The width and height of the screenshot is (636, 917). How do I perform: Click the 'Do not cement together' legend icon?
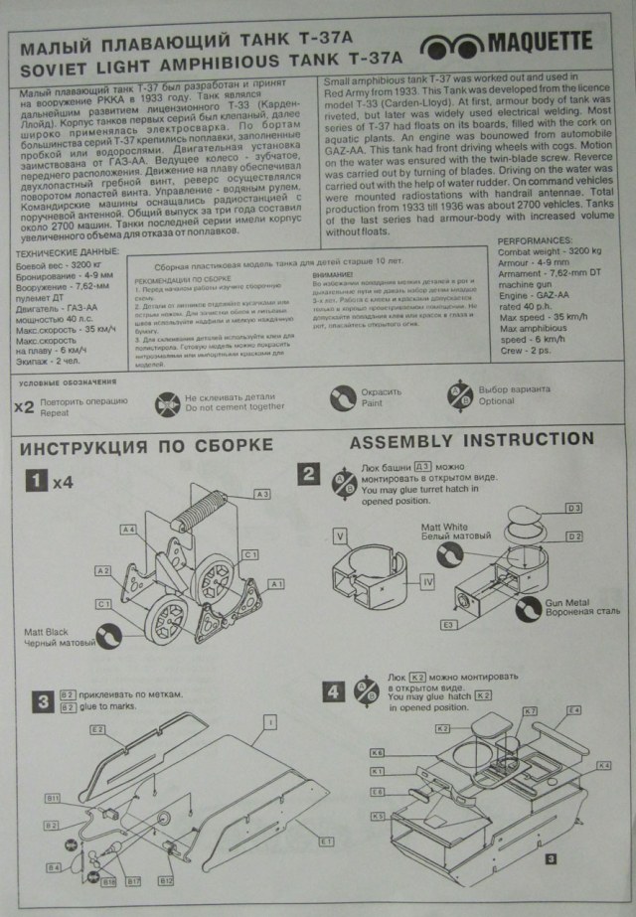(167, 402)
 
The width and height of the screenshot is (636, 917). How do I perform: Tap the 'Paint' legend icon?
(343, 399)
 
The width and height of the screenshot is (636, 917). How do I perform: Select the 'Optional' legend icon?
(460, 400)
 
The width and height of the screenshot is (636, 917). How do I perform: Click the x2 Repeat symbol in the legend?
(25, 405)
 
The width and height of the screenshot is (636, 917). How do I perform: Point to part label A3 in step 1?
(262, 493)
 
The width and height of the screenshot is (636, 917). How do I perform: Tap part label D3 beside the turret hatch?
(574, 507)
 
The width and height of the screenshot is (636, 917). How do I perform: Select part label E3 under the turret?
(449, 624)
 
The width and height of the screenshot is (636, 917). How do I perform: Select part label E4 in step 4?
(574, 710)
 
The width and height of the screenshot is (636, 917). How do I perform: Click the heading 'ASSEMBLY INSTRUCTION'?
(472, 439)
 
